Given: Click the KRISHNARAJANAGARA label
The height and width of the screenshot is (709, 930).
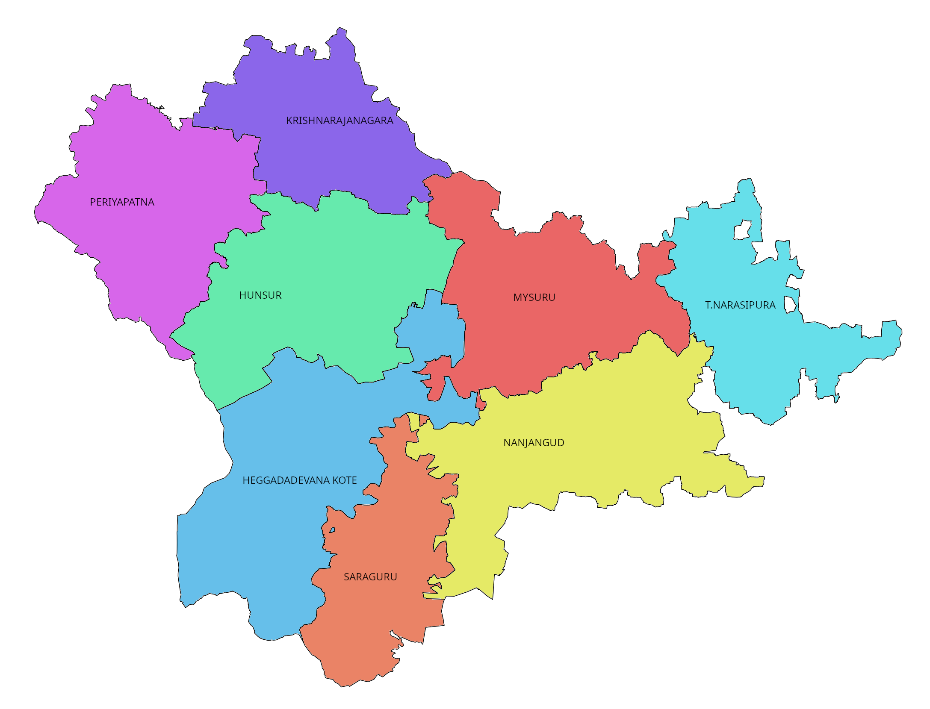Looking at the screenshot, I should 340,121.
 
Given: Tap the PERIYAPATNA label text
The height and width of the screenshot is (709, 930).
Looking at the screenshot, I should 122,202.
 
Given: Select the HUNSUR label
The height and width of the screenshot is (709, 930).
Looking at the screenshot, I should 260,295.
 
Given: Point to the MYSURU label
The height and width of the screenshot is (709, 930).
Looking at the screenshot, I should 534,297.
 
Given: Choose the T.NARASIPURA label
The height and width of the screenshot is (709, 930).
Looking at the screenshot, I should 740,305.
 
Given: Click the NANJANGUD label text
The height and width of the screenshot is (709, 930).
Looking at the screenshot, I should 534,443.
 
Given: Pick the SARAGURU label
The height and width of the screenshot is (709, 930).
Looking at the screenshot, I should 370,577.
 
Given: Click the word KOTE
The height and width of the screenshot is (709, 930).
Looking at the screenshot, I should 345,480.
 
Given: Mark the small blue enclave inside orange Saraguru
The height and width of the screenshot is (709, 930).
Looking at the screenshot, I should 332,530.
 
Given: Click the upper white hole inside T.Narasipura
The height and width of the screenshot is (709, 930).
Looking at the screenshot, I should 743,230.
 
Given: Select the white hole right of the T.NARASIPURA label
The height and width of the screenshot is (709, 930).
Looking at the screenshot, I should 790,304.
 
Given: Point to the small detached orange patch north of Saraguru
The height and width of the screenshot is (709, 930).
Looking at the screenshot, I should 423,420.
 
